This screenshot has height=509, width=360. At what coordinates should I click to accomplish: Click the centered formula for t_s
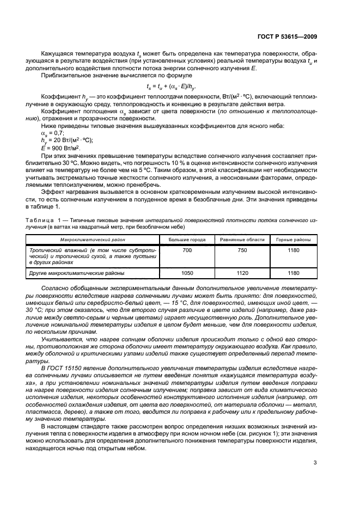[172, 86]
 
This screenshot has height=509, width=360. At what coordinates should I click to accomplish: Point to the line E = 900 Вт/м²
[60, 148]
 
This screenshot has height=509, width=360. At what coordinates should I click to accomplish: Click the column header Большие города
[186, 240]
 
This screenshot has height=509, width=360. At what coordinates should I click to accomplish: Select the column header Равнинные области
[242, 240]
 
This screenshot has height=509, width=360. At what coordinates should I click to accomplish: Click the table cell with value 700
[186, 249]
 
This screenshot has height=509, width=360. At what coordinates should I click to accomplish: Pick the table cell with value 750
[242, 249]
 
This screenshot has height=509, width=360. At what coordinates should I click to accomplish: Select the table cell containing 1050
[186, 273]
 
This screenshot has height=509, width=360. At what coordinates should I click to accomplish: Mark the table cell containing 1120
[242, 273]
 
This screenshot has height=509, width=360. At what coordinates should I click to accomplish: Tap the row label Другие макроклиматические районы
[77, 273]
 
